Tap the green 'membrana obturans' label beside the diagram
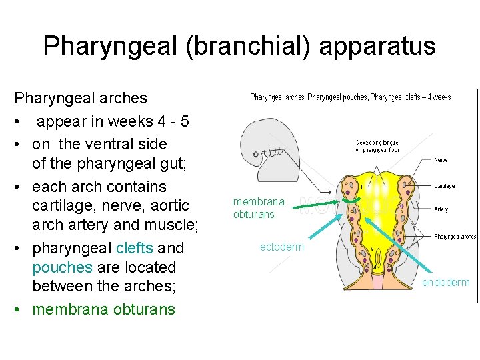click(259, 207)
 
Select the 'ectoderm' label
click(281, 247)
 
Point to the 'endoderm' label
click(446, 283)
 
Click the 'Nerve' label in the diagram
click(441, 160)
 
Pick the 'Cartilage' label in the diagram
click(443, 187)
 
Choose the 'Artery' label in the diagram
click(441, 209)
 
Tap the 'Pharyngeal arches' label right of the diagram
click(455, 236)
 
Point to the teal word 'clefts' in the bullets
click(134, 248)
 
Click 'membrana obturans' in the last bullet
click(103, 309)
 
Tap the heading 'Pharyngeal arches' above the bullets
click(81, 98)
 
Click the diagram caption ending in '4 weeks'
click(350, 97)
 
